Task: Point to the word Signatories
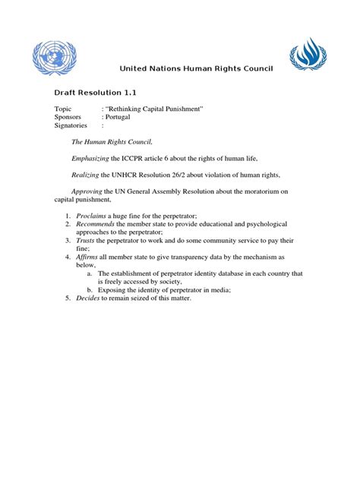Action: (x=72, y=126)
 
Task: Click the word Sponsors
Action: (x=69, y=118)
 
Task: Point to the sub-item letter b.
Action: (x=90, y=289)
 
